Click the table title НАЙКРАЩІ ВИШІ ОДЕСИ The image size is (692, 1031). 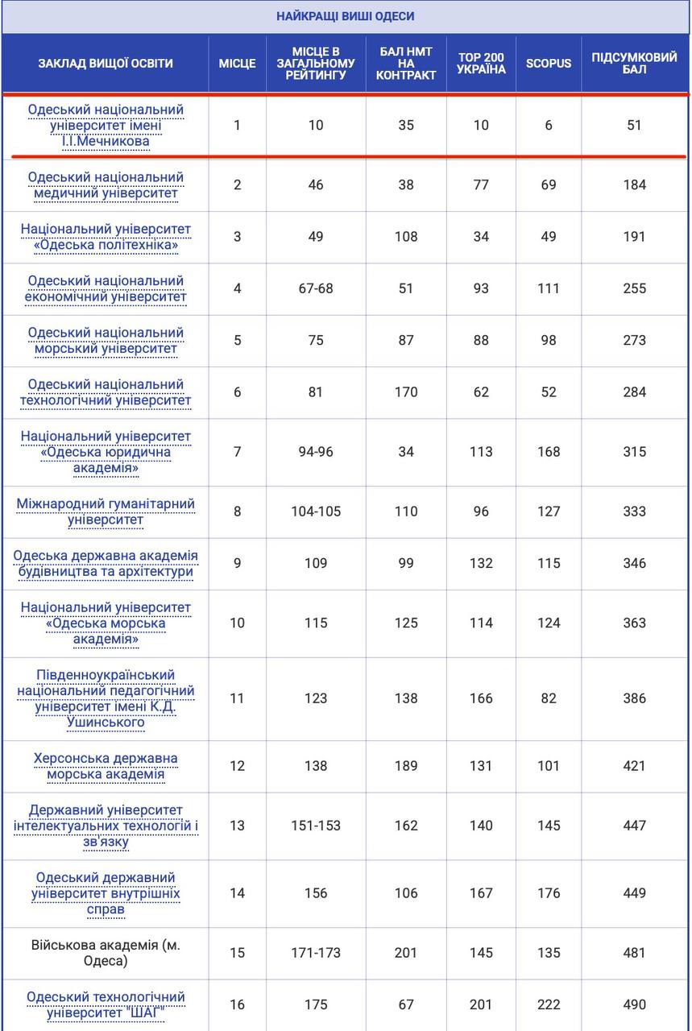pos(346,16)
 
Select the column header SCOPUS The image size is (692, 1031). pos(549,63)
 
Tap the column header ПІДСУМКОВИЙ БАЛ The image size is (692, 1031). pos(634,63)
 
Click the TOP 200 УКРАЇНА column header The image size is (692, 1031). pos(481,63)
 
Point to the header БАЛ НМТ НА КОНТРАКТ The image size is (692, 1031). pos(406,63)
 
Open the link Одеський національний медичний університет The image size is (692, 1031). pos(106,185)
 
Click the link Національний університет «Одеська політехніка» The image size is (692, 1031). pos(106,237)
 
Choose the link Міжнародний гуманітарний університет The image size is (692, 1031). pos(106,511)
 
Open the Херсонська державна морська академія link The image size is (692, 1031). pos(106,766)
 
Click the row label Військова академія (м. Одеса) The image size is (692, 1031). pos(106,953)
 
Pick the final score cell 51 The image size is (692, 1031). pos(634,125)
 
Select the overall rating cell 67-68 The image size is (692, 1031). pos(316,288)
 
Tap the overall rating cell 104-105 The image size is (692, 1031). pos(316,511)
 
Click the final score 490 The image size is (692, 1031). pos(634,1004)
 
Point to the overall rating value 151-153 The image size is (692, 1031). pos(316,826)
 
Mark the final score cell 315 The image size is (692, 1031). pos(634,452)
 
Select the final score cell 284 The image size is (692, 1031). pos(634,392)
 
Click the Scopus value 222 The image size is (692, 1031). pos(549,1004)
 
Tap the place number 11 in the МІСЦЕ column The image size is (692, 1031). pos(237,698)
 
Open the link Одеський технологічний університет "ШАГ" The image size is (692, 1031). pos(106,1004)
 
